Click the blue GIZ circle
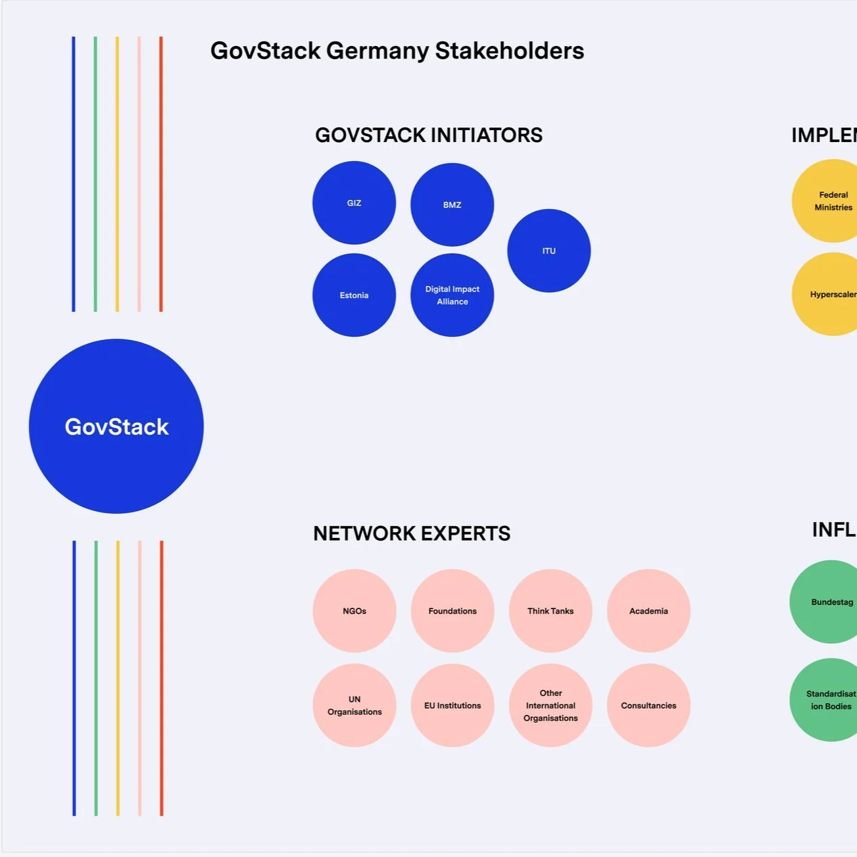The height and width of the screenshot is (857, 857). pos(354,203)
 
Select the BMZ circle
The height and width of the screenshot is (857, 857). pos(452,205)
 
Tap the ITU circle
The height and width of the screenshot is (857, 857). pos(549,251)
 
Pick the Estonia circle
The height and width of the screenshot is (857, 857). pos(354,295)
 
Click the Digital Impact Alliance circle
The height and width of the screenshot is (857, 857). pos(452,295)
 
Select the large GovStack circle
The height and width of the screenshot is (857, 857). pos(116,426)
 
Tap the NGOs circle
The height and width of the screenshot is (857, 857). pos(355,610)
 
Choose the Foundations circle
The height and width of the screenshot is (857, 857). pos(453,610)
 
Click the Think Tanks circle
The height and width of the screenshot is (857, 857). pos(551,610)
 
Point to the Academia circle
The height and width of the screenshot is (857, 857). pos(649,610)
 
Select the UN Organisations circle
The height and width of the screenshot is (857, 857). pos(355,705)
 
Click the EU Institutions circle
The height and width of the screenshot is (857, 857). pos(453,705)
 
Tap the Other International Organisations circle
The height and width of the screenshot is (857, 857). pos(551,705)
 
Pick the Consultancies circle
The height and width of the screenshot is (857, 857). pos(649,705)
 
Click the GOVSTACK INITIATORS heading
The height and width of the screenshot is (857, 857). pos(429,135)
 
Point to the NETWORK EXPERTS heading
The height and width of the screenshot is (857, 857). pos(412,533)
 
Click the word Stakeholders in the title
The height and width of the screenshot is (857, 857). pos(510,51)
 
